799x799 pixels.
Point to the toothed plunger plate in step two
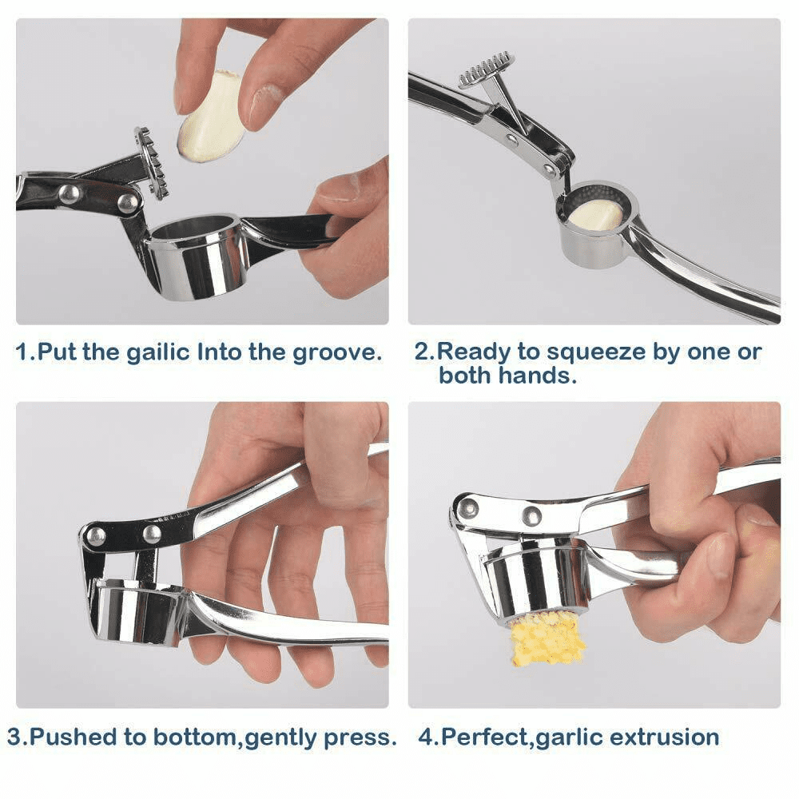tap(487, 70)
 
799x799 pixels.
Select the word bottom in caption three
tap(195, 737)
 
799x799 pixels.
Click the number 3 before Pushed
tap(14, 737)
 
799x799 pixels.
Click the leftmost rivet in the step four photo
tap(467, 507)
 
